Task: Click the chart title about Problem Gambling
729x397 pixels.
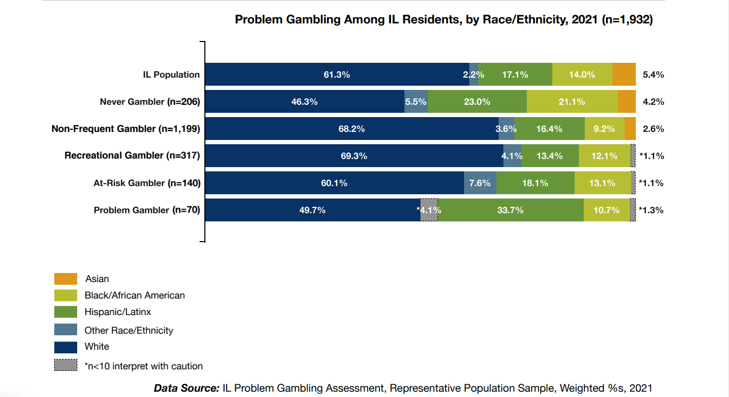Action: pos(444,20)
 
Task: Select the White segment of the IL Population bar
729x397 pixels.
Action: pos(337,75)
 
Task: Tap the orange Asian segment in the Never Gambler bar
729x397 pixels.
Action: pos(627,102)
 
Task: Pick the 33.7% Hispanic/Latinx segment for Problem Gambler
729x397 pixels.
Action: pos(510,210)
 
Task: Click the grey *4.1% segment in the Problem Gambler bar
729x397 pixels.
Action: pos(429,210)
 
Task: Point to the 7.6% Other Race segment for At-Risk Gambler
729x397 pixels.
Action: pos(480,183)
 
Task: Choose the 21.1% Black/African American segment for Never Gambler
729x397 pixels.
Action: pos(572,102)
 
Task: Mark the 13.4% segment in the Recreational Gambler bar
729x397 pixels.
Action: pos(550,156)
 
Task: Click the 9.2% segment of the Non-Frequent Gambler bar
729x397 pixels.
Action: pos(604,129)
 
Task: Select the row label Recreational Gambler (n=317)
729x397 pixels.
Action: pos(132,156)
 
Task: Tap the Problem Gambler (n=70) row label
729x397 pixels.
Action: pos(147,210)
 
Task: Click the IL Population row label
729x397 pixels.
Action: pos(171,75)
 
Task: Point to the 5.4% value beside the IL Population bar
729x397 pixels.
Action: pos(653,75)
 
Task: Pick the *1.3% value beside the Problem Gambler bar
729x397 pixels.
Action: pos(651,210)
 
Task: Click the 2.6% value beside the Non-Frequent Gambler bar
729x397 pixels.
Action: pos(653,129)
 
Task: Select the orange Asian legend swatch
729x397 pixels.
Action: pos(65,279)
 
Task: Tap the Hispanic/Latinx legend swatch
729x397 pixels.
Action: pos(65,312)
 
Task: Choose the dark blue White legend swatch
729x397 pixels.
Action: pos(65,347)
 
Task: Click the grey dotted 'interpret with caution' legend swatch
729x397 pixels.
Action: pos(65,366)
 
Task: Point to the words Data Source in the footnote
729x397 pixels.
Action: pos(186,388)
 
